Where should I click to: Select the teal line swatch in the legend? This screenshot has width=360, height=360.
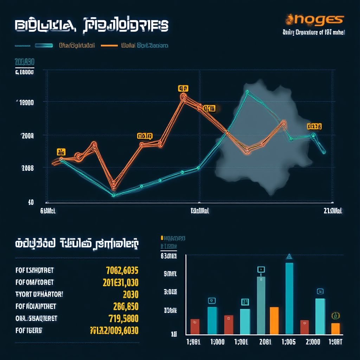[44, 45]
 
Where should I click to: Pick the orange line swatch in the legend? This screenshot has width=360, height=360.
[109, 45]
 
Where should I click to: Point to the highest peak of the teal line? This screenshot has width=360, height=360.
[247, 92]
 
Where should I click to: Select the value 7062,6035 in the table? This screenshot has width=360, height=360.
[122, 270]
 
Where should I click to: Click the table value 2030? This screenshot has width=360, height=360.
[130, 294]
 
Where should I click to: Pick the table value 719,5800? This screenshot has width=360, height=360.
[122, 319]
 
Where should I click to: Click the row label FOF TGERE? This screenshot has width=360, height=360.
[29, 330]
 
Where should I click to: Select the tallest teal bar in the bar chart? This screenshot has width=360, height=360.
[289, 298]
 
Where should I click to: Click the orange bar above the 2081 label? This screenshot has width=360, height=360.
[274, 320]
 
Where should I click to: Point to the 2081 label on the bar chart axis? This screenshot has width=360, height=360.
[265, 342]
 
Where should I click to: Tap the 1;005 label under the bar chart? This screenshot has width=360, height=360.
[289, 342]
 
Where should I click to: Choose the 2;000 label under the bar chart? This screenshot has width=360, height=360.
[313, 342]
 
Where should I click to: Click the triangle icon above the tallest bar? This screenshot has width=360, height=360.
[289, 257]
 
